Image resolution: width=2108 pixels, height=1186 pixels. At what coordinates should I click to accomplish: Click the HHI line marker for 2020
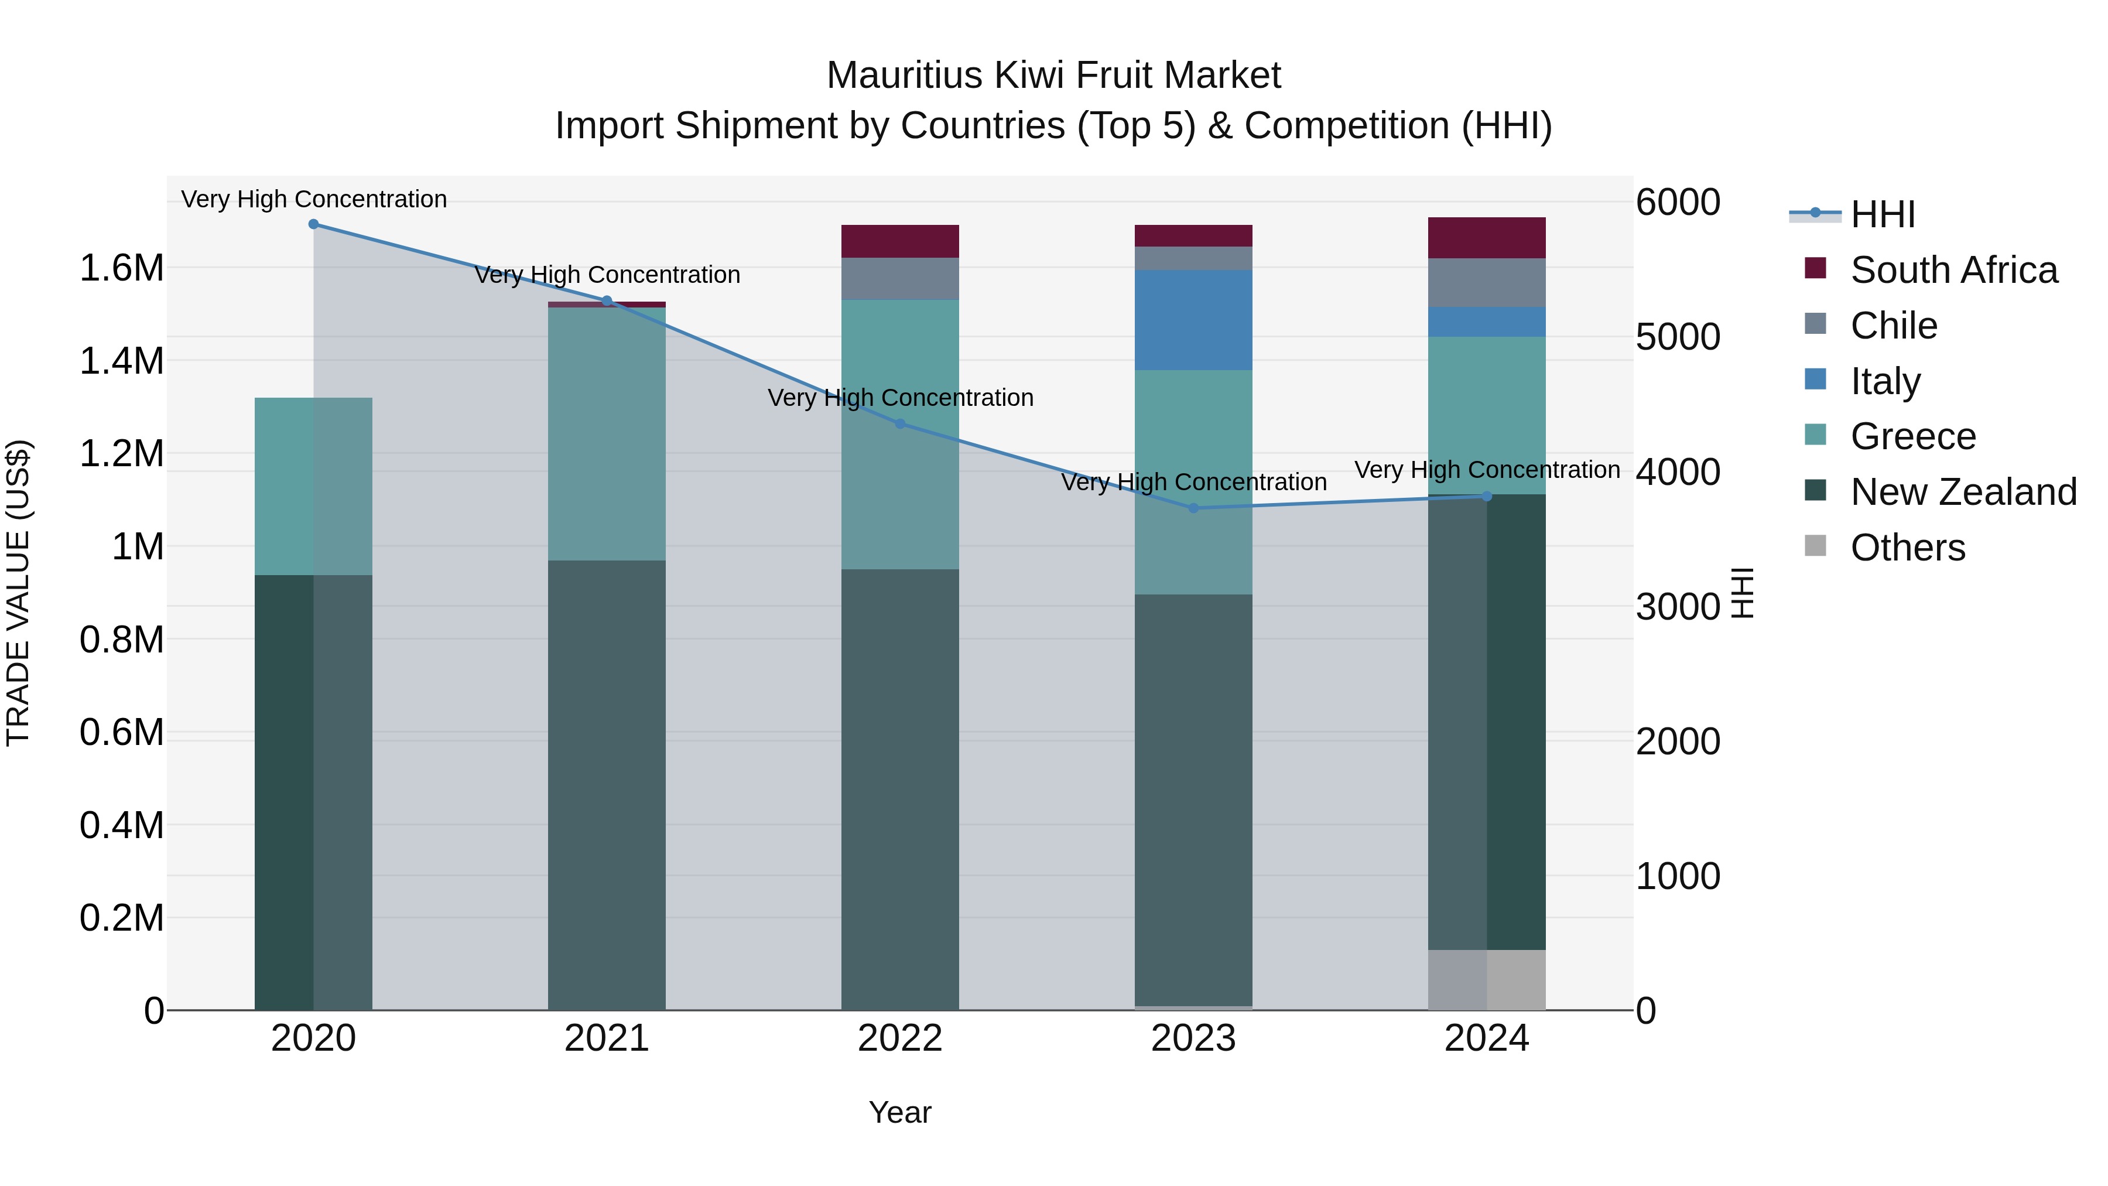[313, 224]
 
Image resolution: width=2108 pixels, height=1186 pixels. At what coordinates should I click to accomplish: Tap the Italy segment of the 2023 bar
[1193, 320]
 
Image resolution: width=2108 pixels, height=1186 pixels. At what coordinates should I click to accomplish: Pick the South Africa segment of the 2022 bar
[900, 241]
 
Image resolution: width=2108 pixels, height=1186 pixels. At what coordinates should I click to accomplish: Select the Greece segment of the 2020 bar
[313, 486]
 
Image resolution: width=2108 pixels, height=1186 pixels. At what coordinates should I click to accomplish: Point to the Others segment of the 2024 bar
[1487, 980]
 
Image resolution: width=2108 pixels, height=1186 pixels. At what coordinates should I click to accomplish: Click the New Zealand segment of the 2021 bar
[607, 784]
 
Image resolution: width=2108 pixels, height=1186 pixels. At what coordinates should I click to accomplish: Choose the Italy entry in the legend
[1884, 381]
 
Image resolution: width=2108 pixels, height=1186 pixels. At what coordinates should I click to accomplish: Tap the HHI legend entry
[1882, 214]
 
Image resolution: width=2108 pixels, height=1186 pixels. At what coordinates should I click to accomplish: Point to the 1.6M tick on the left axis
[122, 268]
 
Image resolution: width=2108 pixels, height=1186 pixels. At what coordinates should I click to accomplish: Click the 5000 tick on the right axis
[1678, 337]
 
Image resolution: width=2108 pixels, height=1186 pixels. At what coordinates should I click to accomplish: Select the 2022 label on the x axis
[900, 1038]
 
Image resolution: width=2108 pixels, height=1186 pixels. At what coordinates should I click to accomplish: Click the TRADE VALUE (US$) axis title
[19, 593]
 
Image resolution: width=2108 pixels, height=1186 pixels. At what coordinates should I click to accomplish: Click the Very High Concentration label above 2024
[1487, 470]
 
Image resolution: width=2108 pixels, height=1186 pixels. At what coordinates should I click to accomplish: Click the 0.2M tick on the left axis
[122, 918]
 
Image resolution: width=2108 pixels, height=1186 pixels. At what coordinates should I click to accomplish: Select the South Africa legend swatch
[1815, 268]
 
